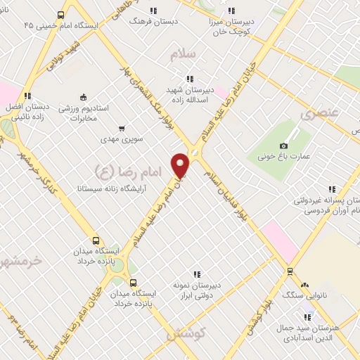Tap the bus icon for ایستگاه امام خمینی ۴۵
[61, 14]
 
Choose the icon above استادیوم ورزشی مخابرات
[83, 97]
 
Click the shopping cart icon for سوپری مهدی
[122, 129]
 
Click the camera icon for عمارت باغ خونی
[284, 146]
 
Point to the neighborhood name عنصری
[321, 112]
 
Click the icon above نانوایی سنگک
[304, 285]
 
